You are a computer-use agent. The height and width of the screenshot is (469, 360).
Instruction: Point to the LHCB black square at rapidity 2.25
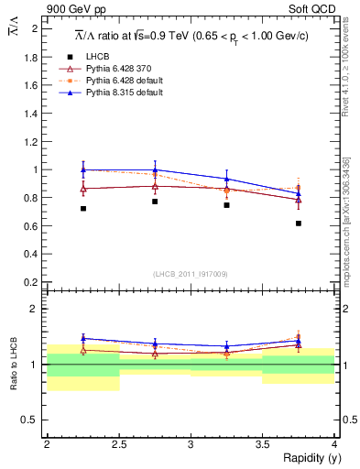coord(83,209)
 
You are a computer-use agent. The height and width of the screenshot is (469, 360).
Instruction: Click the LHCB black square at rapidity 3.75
coord(299,224)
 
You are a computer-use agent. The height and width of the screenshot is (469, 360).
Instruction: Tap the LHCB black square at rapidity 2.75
coord(155,202)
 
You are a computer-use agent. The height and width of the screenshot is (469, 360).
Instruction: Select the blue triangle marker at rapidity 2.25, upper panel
coord(83,169)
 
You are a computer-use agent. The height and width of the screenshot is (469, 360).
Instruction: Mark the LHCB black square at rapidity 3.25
coord(227,205)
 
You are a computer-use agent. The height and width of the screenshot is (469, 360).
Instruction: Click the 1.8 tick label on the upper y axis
coord(30,57)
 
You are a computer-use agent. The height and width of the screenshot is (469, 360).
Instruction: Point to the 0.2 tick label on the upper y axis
coord(30,282)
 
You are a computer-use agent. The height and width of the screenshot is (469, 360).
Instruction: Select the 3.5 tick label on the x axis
coord(262,443)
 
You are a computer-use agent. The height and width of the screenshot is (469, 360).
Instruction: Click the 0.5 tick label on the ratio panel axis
coord(30,420)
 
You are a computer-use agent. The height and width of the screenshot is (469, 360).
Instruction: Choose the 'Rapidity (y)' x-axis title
coord(306,458)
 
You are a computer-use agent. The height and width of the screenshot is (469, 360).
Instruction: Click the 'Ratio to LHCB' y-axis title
coord(13,365)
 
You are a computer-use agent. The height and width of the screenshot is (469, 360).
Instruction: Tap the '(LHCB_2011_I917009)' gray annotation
coord(191,274)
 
